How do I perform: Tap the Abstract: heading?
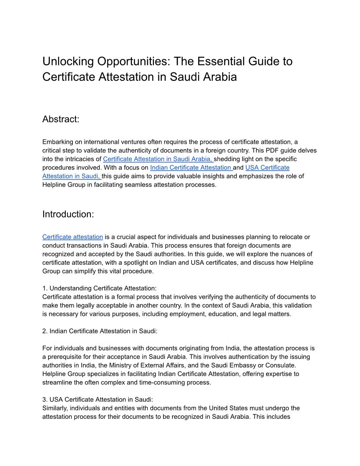click(x=60, y=119)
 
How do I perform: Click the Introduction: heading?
click(x=68, y=214)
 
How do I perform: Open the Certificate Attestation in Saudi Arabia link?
click(x=158, y=159)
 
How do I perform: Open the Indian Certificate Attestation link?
click(x=191, y=168)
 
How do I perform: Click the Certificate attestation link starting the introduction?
click(x=72, y=237)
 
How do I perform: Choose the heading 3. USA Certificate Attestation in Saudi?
click(x=97, y=399)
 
